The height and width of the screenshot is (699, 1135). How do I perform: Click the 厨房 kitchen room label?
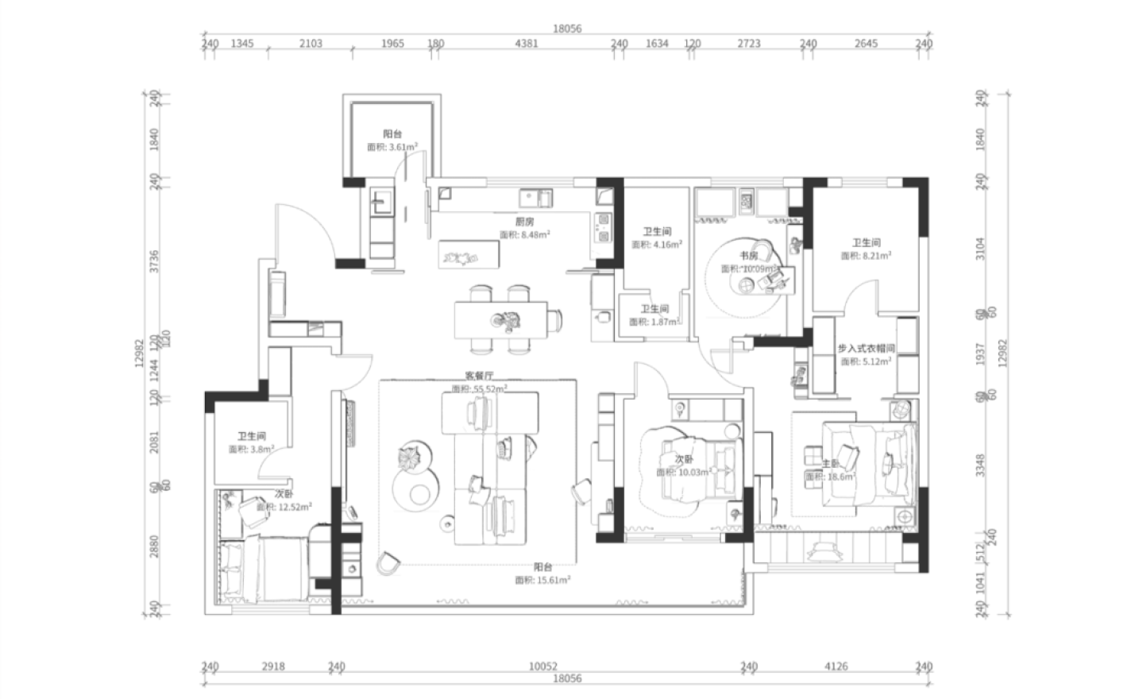pos(524,222)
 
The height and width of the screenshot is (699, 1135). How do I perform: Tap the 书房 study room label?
pos(748,256)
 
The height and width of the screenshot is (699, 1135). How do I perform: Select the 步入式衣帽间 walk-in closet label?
pos(866,349)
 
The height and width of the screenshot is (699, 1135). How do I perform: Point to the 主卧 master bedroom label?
pos(830,463)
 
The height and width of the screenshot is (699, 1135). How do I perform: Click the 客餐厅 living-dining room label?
pos(480,377)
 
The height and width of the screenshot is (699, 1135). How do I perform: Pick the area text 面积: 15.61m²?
pos(542,581)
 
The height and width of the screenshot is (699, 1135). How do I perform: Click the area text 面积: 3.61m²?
pos(392,147)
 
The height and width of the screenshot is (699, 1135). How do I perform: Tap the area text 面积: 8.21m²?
pos(866,256)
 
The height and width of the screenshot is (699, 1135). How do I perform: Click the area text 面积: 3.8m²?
pos(251,449)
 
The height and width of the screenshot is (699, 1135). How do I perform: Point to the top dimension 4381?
pos(526,44)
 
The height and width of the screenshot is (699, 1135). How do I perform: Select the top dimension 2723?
pos(749,44)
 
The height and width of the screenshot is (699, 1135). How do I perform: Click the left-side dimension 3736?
pos(155,262)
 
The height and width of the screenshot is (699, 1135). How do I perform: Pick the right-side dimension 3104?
pos(980,249)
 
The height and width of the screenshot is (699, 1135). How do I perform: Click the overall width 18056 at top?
pos(567,29)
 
